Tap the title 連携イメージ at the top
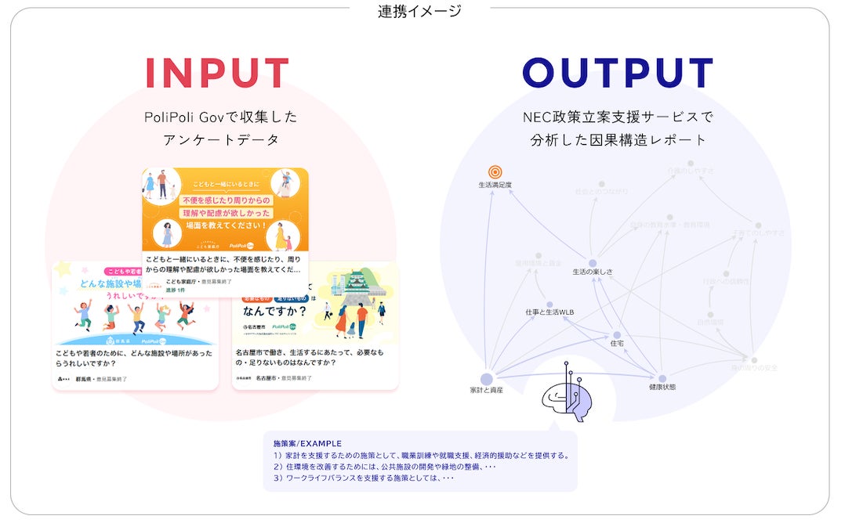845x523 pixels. point(419,11)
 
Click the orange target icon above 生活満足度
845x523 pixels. point(495,171)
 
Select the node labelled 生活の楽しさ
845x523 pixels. point(593,272)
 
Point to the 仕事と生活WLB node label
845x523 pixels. point(549,312)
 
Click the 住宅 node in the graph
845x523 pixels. point(617,343)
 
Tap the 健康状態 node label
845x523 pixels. point(662,387)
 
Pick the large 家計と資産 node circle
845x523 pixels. point(487,379)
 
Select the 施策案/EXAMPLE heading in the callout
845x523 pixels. point(302,443)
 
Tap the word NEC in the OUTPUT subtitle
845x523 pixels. point(536,117)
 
